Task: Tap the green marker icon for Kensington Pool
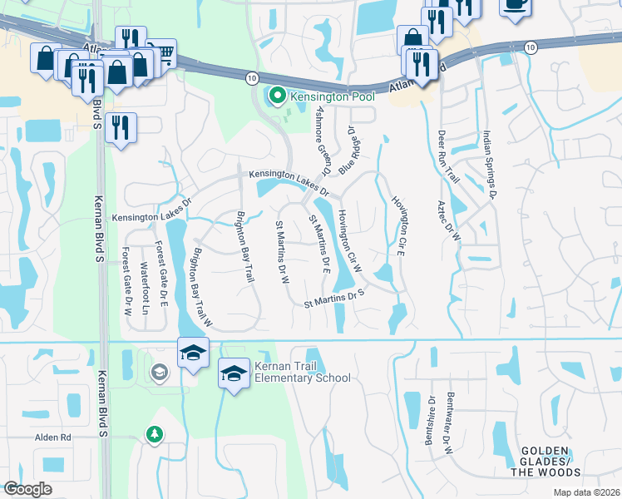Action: tap(276, 97)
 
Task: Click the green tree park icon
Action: tap(153, 433)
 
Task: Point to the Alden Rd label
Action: tap(52, 437)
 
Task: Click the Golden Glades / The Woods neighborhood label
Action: tap(545, 462)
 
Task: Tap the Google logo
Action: tap(27, 489)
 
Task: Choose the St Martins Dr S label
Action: tap(335, 299)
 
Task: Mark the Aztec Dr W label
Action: tap(456, 219)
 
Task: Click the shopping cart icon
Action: tap(164, 52)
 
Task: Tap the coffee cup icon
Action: tap(516, 4)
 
